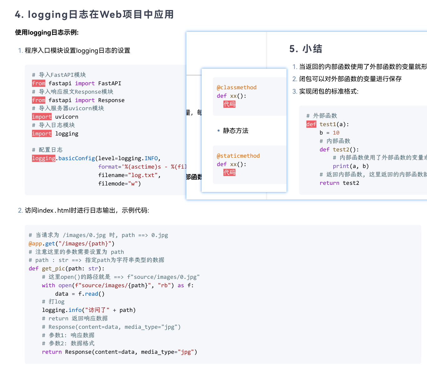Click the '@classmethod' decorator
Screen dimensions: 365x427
(x=237, y=87)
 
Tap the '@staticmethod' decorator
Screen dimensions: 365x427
(x=238, y=156)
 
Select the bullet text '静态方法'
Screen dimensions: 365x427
(x=236, y=131)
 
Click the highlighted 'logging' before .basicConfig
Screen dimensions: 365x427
(x=43, y=158)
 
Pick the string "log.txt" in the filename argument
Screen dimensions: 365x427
(x=143, y=175)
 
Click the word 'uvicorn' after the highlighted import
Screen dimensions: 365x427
(x=67, y=117)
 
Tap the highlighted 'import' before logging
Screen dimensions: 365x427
(x=42, y=134)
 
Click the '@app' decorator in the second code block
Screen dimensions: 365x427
(x=35, y=244)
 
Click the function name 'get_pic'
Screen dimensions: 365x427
(x=53, y=269)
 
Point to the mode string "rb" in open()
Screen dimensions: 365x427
(x=164, y=285)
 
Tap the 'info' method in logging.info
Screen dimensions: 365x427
(x=75, y=310)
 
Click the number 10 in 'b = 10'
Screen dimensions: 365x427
(x=336, y=133)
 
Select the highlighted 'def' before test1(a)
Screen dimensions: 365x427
(x=311, y=124)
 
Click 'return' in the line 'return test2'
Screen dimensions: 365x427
(x=329, y=183)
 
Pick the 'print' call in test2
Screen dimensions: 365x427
(x=341, y=166)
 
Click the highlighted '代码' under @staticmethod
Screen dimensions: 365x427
(x=229, y=172)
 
